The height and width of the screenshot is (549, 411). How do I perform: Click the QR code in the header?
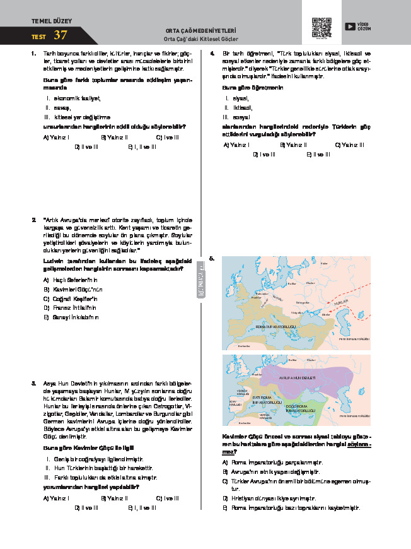(322, 27)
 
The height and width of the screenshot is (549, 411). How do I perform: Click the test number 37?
(61, 35)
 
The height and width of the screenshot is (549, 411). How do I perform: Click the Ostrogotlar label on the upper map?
(303, 303)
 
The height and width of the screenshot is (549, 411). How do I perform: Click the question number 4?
(212, 54)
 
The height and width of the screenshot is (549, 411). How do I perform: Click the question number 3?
(33, 383)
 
